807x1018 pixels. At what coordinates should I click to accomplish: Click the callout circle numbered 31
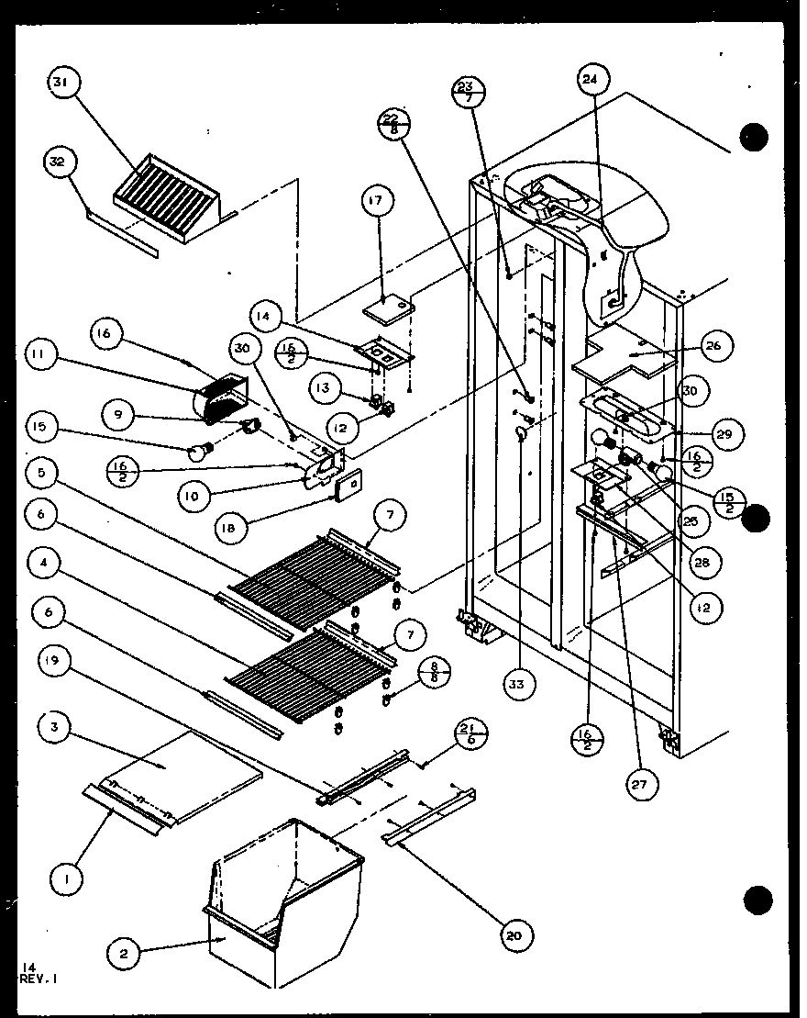click(x=61, y=83)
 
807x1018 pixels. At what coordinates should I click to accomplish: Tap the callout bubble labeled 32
click(x=57, y=164)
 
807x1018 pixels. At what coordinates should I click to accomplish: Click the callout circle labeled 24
click(x=591, y=80)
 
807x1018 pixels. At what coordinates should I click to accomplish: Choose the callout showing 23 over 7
click(x=469, y=93)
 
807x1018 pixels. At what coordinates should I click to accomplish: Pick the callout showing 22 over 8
click(x=392, y=124)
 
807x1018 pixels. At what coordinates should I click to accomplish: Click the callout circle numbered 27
click(x=642, y=786)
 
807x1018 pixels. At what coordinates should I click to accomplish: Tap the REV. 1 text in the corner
click(x=37, y=979)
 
